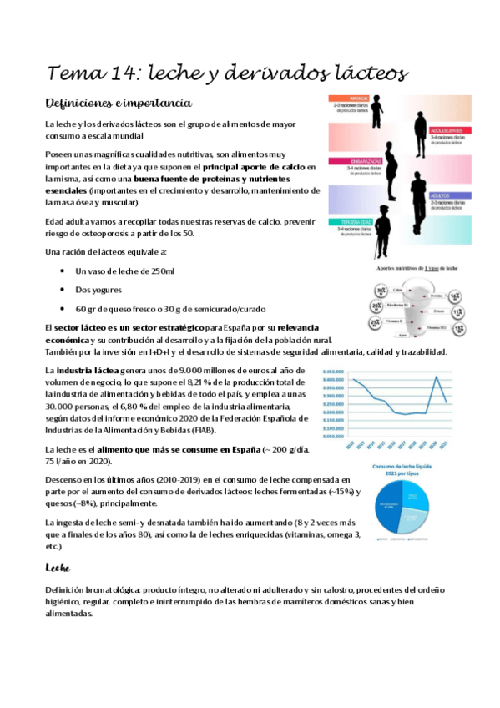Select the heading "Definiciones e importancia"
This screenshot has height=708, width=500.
(119, 103)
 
